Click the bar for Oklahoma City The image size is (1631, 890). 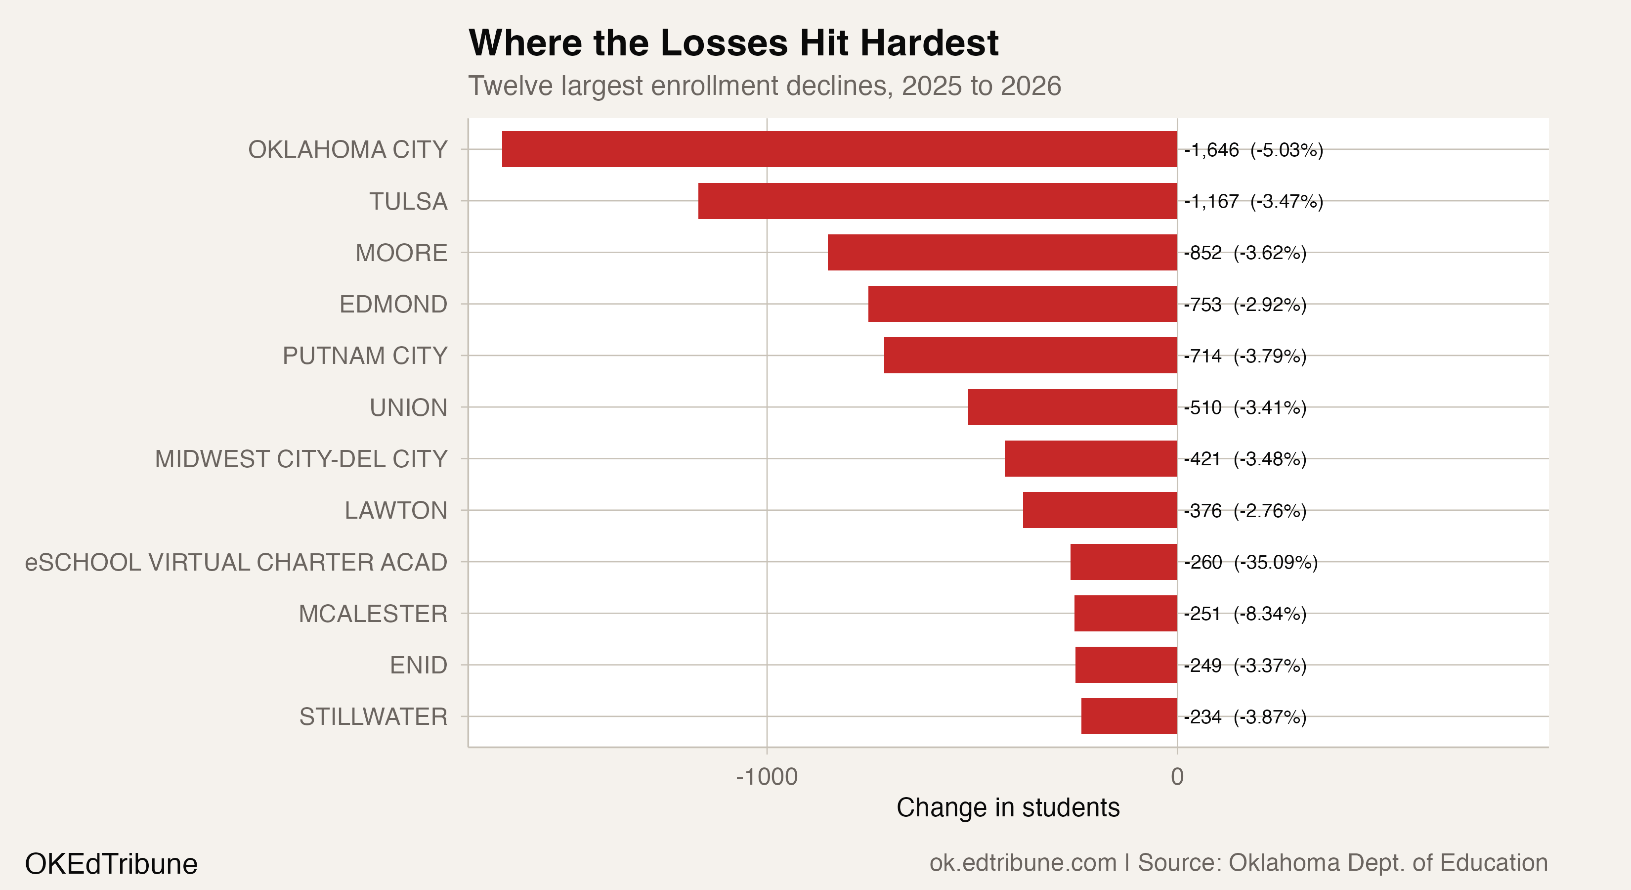click(839, 149)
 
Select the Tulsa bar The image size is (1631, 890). click(937, 201)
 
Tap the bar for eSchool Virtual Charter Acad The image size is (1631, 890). click(1123, 562)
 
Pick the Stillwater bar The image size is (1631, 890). click(1129, 716)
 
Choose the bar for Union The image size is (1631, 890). click(1072, 407)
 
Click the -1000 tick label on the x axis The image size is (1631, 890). click(766, 777)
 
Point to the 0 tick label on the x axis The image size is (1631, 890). click(1176, 777)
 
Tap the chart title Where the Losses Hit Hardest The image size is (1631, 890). click(733, 43)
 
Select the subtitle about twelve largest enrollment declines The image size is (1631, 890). click(764, 86)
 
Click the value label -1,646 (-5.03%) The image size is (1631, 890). click(1253, 150)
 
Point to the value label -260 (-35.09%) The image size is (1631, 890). click(1250, 563)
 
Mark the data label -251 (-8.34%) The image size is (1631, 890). click(1245, 614)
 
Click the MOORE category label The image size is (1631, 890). click(401, 253)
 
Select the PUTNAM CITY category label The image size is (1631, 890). click(365, 356)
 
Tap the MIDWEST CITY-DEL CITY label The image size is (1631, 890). click(301, 459)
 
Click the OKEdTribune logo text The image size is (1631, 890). click(111, 864)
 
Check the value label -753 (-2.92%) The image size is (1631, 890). click(1245, 305)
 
